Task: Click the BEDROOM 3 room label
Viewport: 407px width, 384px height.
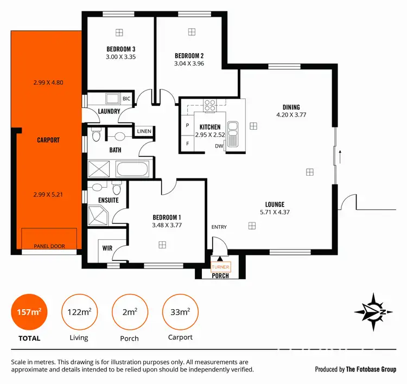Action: [x=120, y=49]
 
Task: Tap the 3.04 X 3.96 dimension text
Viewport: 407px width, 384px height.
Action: [x=189, y=63]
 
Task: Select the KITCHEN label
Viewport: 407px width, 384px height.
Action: [x=210, y=127]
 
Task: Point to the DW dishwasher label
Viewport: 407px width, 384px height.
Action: [x=219, y=146]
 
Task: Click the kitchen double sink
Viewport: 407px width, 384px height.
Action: [x=233, y=134]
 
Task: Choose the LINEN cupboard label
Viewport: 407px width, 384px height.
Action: [x=144, y=131]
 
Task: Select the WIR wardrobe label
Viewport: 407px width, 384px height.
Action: [x=107, y=248]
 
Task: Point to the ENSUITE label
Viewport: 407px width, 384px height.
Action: [x=109, y=201]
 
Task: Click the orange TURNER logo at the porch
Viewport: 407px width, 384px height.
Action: [x=220, y=267]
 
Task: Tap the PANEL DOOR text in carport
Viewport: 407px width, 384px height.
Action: [x=49, y=246]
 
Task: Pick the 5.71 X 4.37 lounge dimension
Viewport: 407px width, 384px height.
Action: [x=275, y=212]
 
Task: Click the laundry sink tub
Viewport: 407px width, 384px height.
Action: [x=113, y=99]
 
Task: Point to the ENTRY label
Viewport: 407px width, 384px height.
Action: [x=219, y=227]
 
